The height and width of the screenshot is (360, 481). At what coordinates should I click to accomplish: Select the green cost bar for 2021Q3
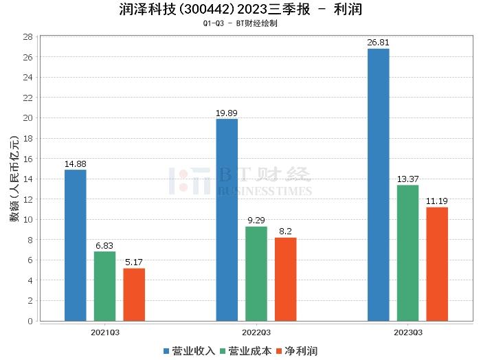coord(104,286)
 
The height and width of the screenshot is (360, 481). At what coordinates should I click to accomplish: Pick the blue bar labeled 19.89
coord(227,220)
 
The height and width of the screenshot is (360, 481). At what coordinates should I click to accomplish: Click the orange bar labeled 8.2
coord(285,279)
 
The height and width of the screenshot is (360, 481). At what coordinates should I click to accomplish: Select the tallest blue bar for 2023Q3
coord(378,185)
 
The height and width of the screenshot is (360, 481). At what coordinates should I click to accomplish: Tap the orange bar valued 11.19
coord(437,264)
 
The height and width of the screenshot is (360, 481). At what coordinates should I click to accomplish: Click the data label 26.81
coord(378,43)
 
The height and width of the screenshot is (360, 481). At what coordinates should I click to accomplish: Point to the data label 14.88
coord(75,164)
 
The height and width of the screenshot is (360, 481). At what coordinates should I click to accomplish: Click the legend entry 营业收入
coord(190,350)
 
